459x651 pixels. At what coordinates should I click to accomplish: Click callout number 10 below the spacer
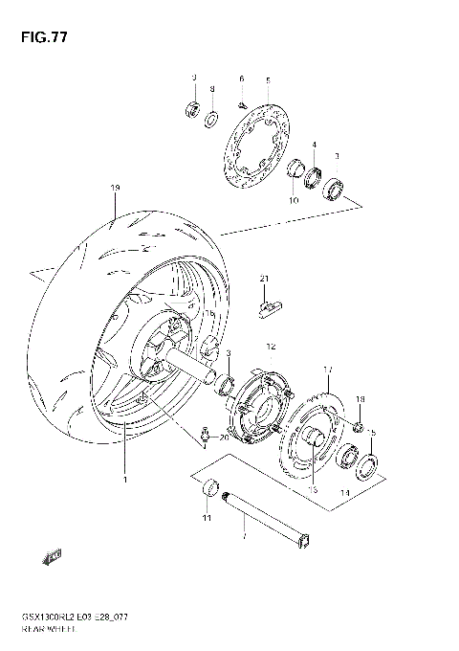coord(295,200)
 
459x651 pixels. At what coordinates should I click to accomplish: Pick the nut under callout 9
coord(191,106)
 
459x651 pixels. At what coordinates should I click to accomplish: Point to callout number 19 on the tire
coord(114,187)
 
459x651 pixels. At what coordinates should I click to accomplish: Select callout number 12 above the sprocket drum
coord(271,347)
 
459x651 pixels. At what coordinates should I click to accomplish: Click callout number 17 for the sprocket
coord(327,369)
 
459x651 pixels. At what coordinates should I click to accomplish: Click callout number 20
coord(225,438)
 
